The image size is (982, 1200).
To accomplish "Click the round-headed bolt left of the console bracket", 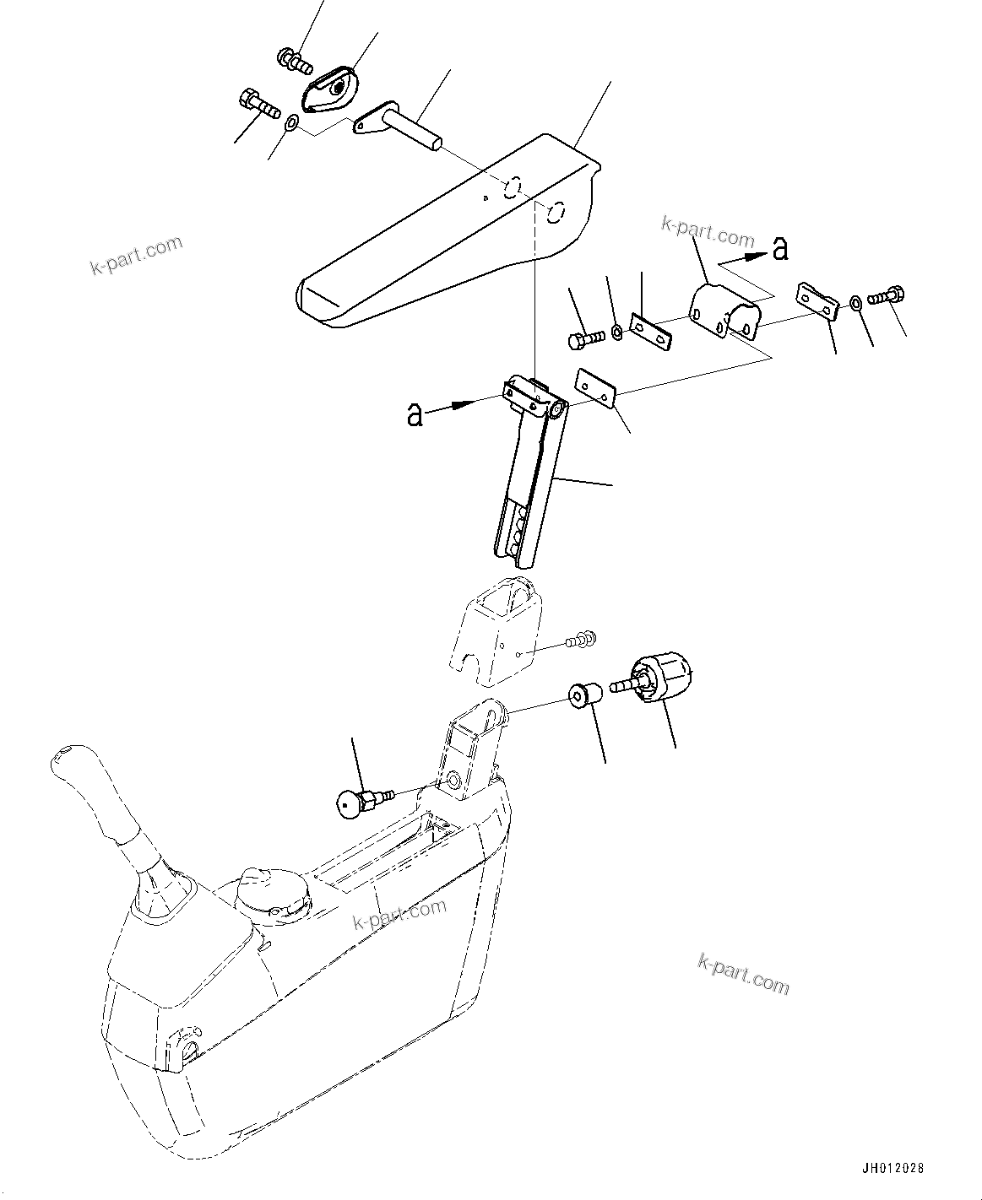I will click(350, 803).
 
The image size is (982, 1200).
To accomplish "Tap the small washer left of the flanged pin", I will click(291, 124).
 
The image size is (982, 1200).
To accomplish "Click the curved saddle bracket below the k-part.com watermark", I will click(724, 310).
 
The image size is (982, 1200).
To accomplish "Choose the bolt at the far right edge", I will click(887, 296).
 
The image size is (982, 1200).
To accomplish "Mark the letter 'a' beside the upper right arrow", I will click(780, 247).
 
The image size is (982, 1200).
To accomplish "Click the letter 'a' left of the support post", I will click(415, 414).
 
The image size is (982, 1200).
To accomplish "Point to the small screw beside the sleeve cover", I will click(582, 641).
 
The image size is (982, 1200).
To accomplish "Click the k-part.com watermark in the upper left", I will click(136, 256).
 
